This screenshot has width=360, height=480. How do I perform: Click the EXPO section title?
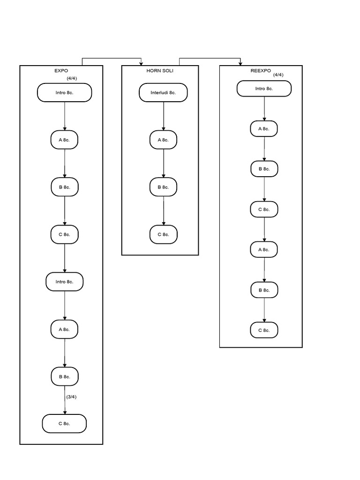(61, 71)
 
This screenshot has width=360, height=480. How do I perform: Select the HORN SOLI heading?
(160, 71)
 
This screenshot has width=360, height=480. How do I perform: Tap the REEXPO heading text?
(261, 71)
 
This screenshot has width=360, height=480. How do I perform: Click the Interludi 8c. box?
(163, 93)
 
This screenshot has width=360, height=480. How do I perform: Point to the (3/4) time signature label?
(71, 397)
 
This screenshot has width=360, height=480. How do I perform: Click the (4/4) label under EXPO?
(72, 78)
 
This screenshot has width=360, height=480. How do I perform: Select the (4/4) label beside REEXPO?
(278, 75)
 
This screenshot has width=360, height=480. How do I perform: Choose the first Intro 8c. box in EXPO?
(64, 93)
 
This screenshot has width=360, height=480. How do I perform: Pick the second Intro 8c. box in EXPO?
(64, 282)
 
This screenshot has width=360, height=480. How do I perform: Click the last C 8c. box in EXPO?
(64, 424)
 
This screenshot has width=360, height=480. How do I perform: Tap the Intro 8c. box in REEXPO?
(264, 89)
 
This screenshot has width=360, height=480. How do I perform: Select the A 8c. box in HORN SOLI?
(163, 140)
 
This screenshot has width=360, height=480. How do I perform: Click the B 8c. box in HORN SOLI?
(163, 187)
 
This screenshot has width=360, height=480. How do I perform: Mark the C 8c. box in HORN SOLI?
(163, 234)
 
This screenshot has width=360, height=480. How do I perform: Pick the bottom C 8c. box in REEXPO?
(264, 330)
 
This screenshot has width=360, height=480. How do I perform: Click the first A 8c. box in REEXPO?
(264, 128)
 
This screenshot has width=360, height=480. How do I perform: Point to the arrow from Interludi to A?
(163, 116)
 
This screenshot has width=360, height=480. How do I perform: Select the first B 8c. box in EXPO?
(64, 187)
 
